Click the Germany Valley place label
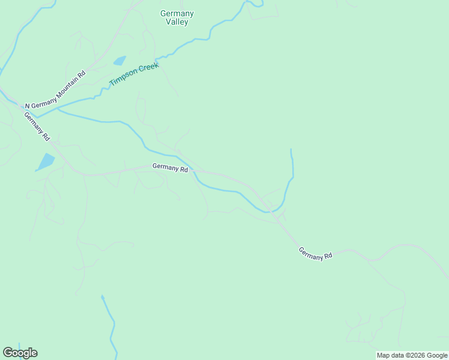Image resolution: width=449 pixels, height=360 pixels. (177, 17)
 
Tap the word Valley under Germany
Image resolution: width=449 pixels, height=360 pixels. (177, 22)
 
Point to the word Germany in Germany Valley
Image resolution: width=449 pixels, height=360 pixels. (177, 13)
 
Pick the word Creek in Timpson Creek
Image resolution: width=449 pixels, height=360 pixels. (149, 67)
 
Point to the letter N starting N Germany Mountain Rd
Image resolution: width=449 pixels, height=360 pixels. (26, 104)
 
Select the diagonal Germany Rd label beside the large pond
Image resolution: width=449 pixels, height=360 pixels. (37, 126)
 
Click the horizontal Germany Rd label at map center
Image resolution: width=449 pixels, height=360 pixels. (170, 169)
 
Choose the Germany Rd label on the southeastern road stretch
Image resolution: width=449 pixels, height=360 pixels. (315, 254)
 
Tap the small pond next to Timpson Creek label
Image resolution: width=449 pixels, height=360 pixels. (119, 61)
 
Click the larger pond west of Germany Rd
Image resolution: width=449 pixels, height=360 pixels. (46, 161)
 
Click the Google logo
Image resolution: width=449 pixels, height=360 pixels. (20, 353)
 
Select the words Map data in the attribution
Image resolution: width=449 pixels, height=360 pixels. (390, 355)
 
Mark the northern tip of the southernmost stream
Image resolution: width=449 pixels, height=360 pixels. (103, 296)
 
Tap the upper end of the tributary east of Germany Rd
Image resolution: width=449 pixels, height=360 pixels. (291, 150)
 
